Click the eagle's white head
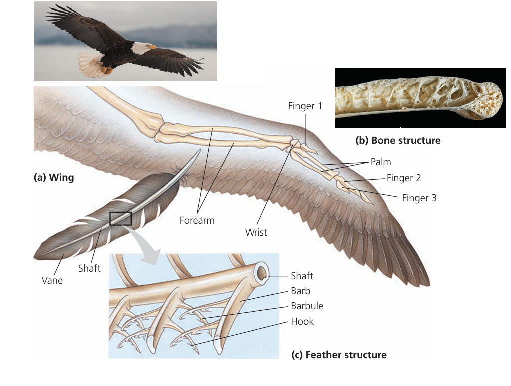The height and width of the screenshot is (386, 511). [x=142, y=48]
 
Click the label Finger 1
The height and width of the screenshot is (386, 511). [x=305, y=106]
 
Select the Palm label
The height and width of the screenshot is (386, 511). [x=381, y=162]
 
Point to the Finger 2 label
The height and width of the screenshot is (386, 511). [x=407, y=178]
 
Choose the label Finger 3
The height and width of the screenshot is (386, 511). [x=419, y=198]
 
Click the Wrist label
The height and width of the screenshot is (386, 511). [x=256, y=232]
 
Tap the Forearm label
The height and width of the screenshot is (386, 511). [x=197, y=220]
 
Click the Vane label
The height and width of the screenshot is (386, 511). [x=52, y=280]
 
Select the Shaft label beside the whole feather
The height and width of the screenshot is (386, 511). [x=89, y=268]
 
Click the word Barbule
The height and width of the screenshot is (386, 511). [x=307, y=306]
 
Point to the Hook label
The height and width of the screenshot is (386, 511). [x=302, y=321]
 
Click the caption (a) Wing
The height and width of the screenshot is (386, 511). [x=53, y=177]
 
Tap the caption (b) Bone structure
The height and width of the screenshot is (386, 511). [x=398, y=140]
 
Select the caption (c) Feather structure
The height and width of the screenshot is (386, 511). [x=339, y=355]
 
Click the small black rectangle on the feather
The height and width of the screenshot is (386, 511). [x=120, y=218]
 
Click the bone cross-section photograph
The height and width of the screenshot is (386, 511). [x=420, y=98]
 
